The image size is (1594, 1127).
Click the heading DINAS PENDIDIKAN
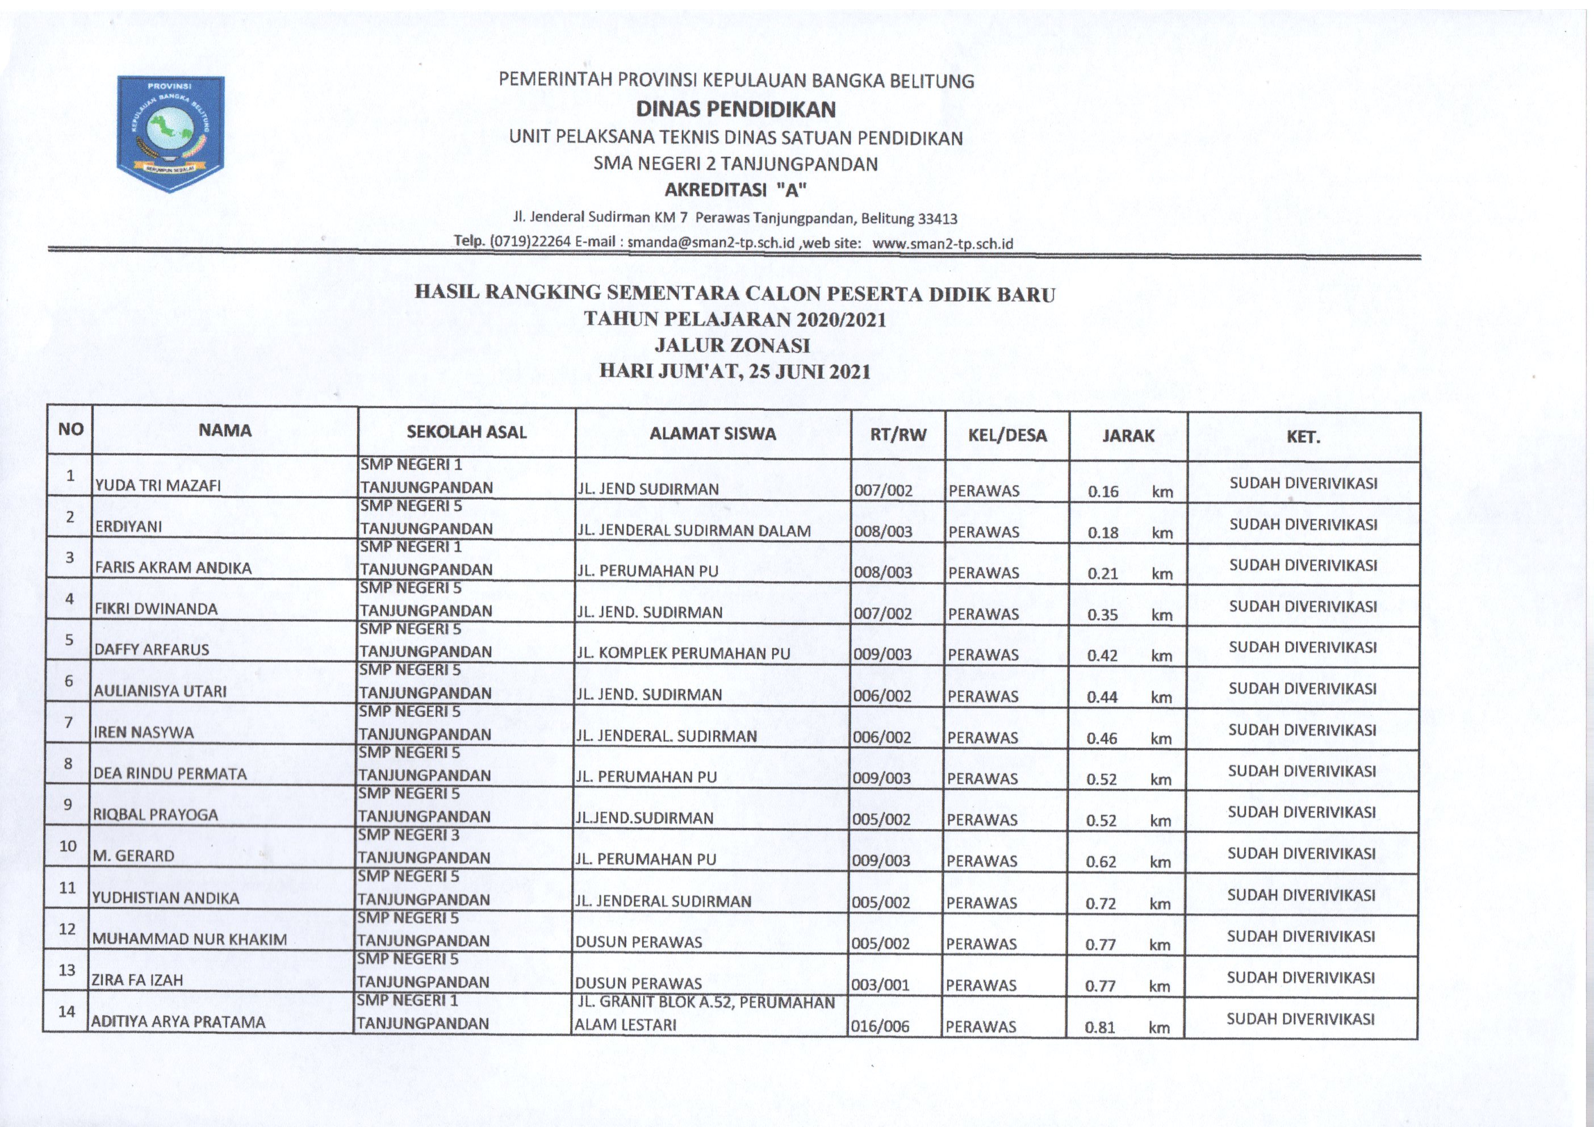(736, 109)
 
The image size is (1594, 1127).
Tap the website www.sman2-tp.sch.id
(942, 244)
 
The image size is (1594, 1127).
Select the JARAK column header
(1128, 435)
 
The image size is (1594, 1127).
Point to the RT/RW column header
(898, 435)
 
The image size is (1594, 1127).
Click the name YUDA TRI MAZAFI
(158, 485)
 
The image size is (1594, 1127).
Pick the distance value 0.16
(1103, 491)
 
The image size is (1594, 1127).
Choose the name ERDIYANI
(128, 527)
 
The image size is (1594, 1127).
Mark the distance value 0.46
(1102, 738)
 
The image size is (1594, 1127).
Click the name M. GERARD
(133, 855)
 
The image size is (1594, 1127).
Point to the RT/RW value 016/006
(880, 1026)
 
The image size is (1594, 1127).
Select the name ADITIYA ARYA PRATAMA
(178, 1022)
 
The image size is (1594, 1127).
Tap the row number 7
(69, 722)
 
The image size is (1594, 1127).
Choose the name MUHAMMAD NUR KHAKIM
(190, 940)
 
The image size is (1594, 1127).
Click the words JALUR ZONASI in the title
(733, 345)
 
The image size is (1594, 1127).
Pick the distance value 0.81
(1100, 1027)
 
